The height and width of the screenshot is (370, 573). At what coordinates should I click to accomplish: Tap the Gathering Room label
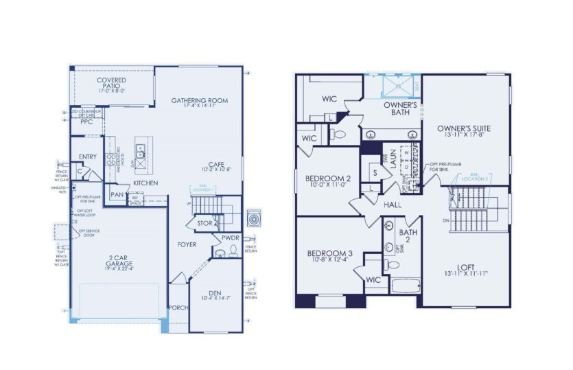point(199,103)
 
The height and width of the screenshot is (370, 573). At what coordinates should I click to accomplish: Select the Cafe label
point(216,165)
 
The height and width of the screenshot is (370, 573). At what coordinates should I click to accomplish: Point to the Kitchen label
point(145,183)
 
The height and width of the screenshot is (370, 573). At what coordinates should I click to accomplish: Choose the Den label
point(215,295)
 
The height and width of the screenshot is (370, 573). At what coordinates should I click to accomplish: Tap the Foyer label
point(187,244)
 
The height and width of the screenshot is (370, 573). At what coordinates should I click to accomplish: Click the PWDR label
point(230,238)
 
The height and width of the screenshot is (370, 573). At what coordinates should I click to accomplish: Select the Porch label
point(178,308)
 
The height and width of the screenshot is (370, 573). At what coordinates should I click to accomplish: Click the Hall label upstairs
point(393,205)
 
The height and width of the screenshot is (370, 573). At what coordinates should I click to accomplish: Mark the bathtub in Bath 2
point(401,286)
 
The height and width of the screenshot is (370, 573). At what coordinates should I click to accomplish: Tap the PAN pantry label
point(117,195)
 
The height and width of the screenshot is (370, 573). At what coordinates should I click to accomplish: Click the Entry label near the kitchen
point(87,157)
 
